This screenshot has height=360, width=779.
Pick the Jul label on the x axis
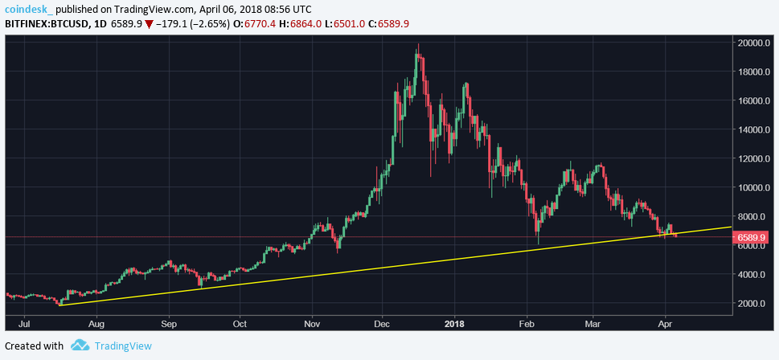[23, 325]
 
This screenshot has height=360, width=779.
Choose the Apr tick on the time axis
[666, 325]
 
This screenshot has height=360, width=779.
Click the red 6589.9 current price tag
[755, 237]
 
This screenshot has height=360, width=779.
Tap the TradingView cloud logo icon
[79, 346]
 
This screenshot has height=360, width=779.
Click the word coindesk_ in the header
[30, 8]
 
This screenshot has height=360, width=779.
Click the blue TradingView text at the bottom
[122, 346]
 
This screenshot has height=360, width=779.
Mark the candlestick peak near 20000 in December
[417, 46]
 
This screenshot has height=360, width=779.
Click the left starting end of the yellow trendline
[60, 305]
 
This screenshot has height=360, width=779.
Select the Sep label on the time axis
[168, 325]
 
